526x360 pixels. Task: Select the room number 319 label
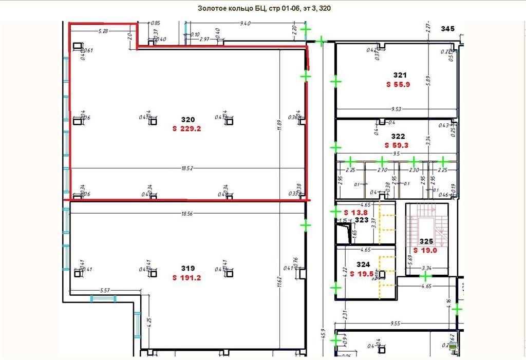coord(188,268)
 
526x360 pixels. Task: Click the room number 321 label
coord(400,75)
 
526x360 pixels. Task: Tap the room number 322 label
coord(398,137)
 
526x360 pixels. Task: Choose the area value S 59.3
coord(397,145)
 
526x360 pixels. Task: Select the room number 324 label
coord(363,265)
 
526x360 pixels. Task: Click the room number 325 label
coord(426,241)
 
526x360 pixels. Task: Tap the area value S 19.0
coord(425,250)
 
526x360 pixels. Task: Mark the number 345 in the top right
coord(448,29)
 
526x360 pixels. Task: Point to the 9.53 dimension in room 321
coord(397,109)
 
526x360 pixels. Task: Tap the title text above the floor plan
coord(262,9)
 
